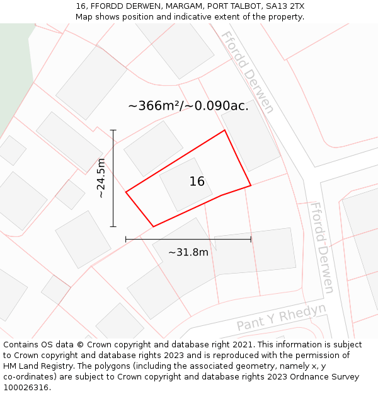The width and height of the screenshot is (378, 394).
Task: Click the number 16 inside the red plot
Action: (197, 182)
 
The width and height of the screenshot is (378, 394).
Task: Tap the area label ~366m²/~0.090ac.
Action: (188, 106)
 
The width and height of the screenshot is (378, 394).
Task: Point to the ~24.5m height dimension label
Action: (101, 178)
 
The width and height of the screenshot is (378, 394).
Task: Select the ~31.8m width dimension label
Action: (188, 252)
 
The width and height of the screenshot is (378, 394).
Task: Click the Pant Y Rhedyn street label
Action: (282, 316)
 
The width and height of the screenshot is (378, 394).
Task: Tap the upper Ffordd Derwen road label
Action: (248, 72)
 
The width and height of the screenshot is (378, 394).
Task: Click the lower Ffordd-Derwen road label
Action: (321, 247)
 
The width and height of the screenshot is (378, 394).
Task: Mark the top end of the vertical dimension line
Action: (113, 130)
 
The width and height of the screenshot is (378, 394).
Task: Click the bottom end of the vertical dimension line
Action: (113, 226)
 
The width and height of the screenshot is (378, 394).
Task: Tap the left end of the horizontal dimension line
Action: (126, 239)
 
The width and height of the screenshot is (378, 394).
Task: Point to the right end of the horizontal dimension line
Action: (251, 239)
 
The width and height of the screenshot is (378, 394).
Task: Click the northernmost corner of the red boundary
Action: (225, 130)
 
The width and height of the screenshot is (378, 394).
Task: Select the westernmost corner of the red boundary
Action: (126, 192)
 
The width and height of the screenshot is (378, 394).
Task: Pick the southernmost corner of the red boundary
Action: (153, 226)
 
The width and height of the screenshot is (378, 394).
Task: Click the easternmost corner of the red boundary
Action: (251, 185)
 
